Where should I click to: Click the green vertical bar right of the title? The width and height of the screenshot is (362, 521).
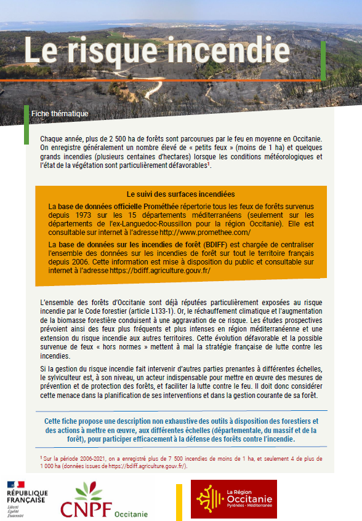pos(323,60)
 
